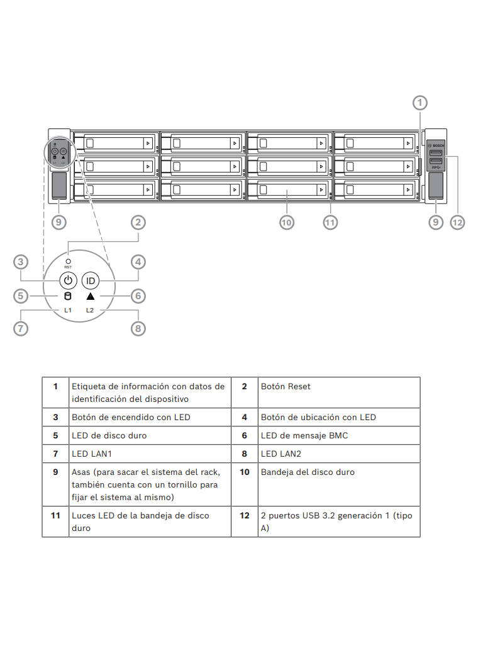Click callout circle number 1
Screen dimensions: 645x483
click(x=420, y=102)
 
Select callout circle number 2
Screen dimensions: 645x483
click(x=138, y=222)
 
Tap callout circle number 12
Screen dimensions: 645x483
click(x=457, y=222)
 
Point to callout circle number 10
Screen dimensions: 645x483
click(x=287, y=222)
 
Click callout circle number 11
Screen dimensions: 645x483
click(x=330, y=222)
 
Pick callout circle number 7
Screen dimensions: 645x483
click(x=21, y=328)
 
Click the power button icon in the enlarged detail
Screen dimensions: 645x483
click(x=68, y=280)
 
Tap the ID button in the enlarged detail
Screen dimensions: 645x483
click(x=91, y=280)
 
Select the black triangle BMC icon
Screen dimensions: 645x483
click(x=91, y=296)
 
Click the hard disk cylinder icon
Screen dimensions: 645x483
click(x=68, y=296)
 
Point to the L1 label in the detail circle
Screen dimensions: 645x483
click(x=68, y=311)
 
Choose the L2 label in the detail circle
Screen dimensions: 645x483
click(x=90, y=311)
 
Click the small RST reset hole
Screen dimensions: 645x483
click(x=68, y=261)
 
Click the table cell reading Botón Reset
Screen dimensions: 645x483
click(x=286, y=386)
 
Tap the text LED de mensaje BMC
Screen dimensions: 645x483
click(x=304, y=435)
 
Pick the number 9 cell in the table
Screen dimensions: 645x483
click(x=55, y=472)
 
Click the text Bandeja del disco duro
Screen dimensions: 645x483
click(x=308, y=472)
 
